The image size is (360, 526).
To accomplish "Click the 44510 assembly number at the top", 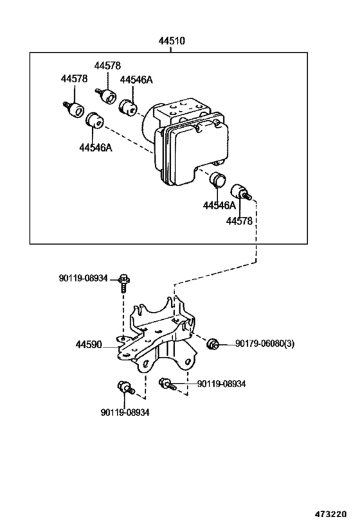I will (172, 40).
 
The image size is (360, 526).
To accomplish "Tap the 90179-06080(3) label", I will (264, 344).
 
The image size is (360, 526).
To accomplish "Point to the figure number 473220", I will (332, 515).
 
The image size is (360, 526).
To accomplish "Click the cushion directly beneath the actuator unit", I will (219, 182).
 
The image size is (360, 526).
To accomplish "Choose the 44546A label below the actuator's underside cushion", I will (219, 206).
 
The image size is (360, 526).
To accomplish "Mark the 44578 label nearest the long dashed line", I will (239, 221).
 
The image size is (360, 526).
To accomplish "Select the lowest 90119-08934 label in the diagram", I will (125, 412).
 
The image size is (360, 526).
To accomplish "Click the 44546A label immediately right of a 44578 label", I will (136, 79).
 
